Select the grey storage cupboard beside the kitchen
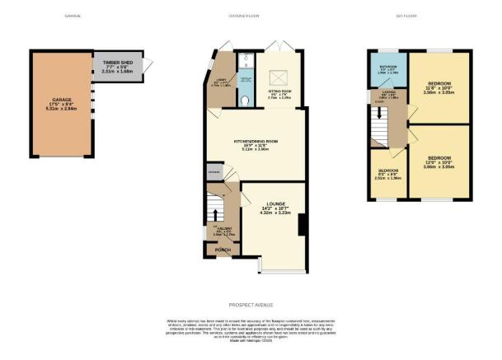tap(214, 171)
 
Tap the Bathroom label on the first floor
tap(388, 68)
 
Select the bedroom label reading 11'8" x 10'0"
tap(439, 88)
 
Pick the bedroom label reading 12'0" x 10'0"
tap(439, 161)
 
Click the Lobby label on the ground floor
tap(221, 82)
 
